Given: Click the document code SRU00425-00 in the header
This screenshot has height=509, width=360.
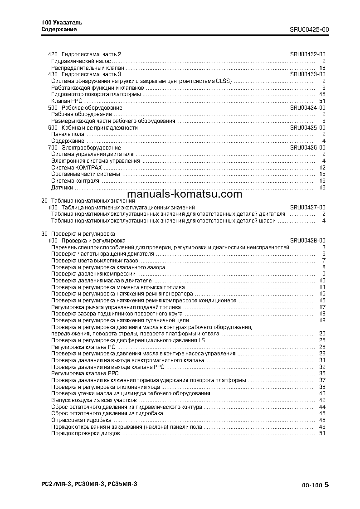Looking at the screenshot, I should pyautogui.click(x=309, y=29).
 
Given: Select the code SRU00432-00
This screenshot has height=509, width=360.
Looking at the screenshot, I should pyautogui.click(x=308, y=54).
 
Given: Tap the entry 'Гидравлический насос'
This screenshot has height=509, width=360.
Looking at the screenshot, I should pyautogui.click(x=81, y=61).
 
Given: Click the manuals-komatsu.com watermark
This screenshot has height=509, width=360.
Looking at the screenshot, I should pyautogui.click(x=181, y=194).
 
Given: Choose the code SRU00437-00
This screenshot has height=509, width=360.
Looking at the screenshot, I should pyautogui.click(x=308, y=207).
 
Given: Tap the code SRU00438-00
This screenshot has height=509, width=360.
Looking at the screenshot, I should pyautogui.click(x=308, y=240).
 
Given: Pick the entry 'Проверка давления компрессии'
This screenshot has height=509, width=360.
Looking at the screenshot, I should pyautogui.click(x=93, y=274).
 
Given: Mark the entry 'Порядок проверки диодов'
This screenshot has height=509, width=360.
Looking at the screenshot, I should pyautogui.click(x=85, y=433).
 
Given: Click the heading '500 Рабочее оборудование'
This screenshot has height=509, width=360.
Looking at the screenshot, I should pyautogui.click(x=85, y=108).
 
